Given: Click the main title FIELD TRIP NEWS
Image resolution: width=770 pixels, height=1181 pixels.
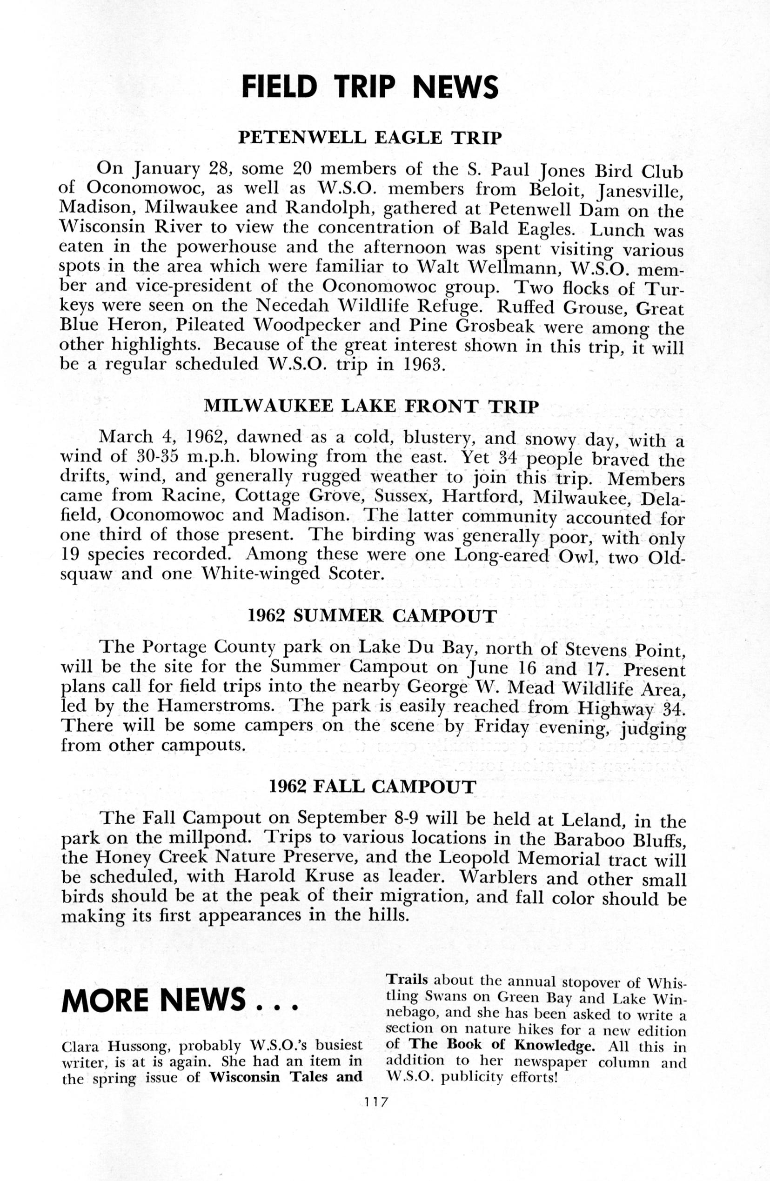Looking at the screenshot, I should click(x=369, y=87).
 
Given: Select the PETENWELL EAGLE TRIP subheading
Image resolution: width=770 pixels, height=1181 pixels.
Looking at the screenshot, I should click(x=370, y=138).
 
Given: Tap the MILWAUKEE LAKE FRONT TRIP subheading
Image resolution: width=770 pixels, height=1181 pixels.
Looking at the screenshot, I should click(x=371, y=407).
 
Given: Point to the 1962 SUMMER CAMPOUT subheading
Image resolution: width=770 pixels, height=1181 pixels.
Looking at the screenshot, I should click(x=372, y=616).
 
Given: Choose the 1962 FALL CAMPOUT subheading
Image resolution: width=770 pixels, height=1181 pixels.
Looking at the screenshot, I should click(x=372, y=787).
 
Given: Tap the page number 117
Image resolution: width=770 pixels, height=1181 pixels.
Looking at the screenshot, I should click(x=375, y=1102).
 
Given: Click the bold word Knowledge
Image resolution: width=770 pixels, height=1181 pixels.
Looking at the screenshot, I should click(x=555, y=1045).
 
